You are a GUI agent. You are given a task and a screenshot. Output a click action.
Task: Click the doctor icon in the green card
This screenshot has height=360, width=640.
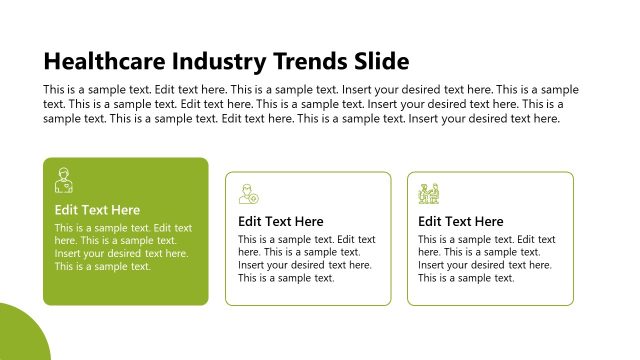(x=63, y=181)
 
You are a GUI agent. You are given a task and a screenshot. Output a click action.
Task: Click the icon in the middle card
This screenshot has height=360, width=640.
(x=248, y=193)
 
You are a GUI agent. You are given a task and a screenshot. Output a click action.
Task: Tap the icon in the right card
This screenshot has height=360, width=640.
(x=429, y=193)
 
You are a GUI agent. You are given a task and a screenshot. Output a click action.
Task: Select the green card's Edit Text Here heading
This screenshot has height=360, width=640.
(x=97, y=210)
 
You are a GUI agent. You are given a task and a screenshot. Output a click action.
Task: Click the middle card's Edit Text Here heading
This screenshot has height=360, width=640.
(x=281, y=221)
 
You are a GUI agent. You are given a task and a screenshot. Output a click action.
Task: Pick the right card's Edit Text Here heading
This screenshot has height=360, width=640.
(x=461, y=221)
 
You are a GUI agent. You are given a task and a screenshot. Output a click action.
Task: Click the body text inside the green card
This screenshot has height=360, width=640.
(x=123, y=247)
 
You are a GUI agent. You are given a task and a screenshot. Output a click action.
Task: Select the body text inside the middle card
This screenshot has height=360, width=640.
(x=306, y=258)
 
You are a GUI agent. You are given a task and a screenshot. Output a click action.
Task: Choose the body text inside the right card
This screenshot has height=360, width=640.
(x=486, y=258)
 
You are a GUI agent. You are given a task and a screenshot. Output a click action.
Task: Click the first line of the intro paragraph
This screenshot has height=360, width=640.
(x=311, y=89)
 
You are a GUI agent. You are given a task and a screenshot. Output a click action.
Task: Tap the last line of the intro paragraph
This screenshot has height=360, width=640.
(x=301, y=118)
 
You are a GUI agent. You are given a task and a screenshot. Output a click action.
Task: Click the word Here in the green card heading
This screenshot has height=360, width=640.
(x=124, y=210)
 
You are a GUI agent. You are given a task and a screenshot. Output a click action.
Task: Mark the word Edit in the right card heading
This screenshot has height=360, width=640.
(x=431, y=221)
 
